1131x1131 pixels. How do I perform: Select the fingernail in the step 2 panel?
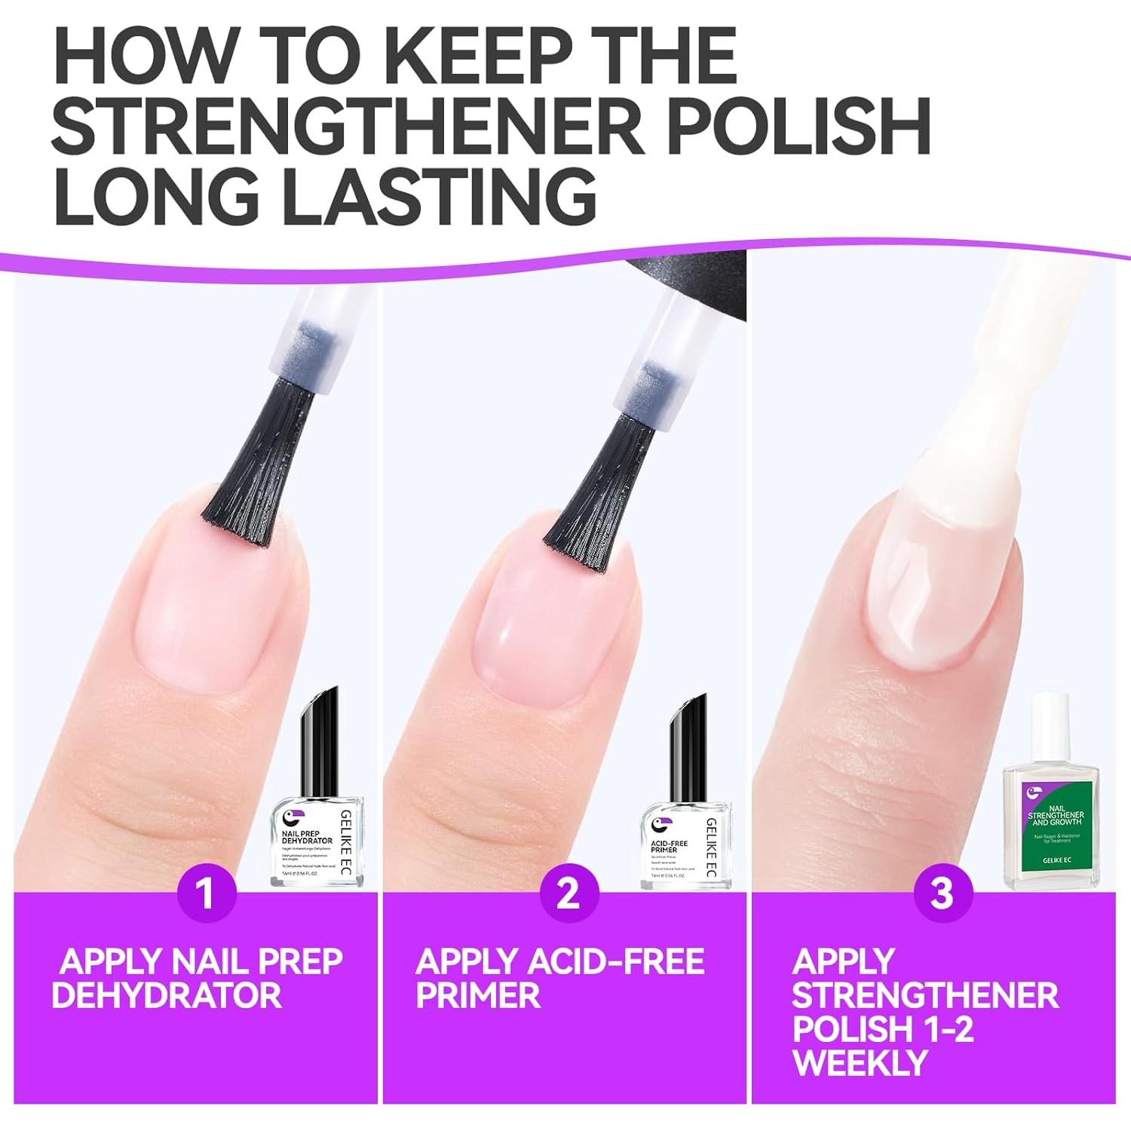[x=543, y=626]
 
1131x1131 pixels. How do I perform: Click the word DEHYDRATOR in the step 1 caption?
[x=167, y=995]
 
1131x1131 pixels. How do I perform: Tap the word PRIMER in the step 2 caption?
[x=478, y=995]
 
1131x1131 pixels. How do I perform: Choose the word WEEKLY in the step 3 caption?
[x=860, y=1062]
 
